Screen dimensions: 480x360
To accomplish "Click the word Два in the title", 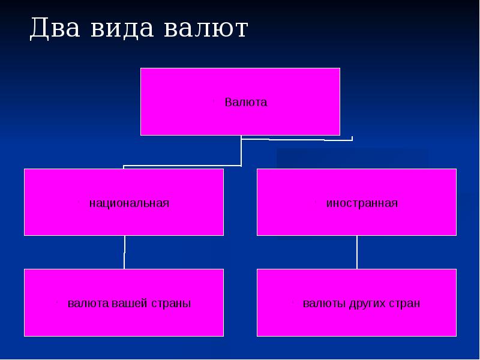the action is point(55,29).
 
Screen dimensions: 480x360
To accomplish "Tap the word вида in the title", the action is point(122,29).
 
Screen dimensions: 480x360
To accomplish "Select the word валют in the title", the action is point(206,29).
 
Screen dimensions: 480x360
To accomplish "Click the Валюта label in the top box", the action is point(246,102).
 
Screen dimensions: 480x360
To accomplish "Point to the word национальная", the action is point(129,203).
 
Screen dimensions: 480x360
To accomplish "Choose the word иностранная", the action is point(362,203).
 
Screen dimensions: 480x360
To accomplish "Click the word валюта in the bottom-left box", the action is point(88,304).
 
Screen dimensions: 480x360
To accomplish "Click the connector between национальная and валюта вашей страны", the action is point(124,252).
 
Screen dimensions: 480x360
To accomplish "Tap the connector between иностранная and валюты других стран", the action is point(357,252).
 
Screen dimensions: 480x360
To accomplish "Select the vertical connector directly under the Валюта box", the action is point(241,151).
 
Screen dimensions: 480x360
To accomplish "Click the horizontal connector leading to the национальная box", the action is point(182,166).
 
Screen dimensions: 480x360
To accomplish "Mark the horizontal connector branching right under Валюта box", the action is point(297,140).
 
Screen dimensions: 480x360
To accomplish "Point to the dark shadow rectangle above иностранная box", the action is point(352,158).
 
